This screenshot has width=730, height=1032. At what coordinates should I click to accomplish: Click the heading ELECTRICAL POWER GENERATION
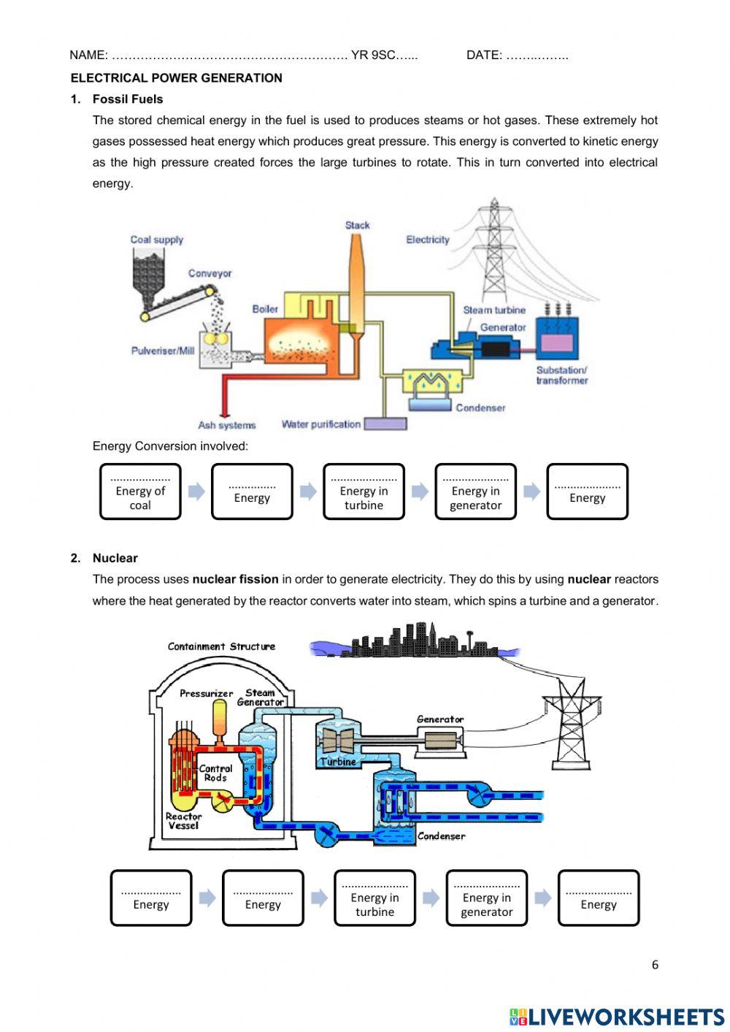click(x=176, y=78)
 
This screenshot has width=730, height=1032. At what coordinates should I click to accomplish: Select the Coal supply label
click(x=156, y=240)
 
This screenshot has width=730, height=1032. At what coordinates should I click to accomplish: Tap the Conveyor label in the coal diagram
click(x=210, y=273)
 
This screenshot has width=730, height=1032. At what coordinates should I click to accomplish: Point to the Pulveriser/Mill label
click(x=163, y=351)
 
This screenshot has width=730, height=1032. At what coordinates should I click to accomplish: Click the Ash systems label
click(x=227, y=425)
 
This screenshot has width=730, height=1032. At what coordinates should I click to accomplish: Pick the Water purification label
click(x=321, y=424)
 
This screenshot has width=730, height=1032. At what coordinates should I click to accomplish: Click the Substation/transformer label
click(x=561, y=375)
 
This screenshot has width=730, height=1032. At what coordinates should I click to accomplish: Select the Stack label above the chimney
click(x=358, y=225)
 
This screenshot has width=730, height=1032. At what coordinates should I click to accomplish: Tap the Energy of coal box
click(x=140, y=492)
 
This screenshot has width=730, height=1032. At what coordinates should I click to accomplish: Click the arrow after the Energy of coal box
click(x=196, y=492)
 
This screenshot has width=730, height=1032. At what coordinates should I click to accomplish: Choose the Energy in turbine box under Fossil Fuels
click(x=364, y=492)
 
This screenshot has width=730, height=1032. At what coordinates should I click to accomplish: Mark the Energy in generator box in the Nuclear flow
click(x=486, y=898)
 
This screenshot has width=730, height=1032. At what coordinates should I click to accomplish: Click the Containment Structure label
click(x=221, y=646)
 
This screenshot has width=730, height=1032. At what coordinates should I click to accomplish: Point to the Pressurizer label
click(x=206, y=693)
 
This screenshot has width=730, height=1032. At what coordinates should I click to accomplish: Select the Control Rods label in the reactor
click(x=215, y=773)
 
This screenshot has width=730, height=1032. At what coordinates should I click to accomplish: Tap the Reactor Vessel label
click(x=183, y=821)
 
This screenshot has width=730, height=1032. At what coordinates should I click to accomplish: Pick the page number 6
click(x=655, y=965)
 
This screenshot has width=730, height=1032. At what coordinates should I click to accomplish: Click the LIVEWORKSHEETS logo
click(x=617, y=1016)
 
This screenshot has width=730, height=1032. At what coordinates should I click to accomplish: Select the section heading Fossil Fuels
click(x=128, y=99)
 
